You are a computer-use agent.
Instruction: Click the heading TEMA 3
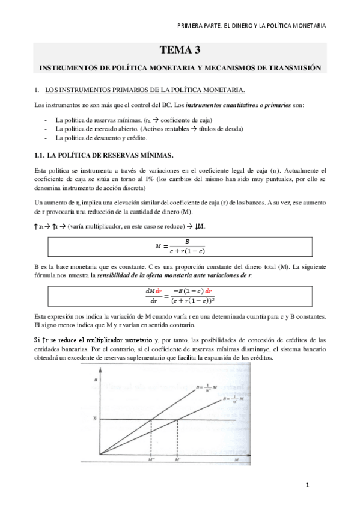180,50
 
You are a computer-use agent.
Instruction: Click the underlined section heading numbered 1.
144,90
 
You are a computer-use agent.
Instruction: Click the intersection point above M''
151,419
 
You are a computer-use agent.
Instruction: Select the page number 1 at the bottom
307,484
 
